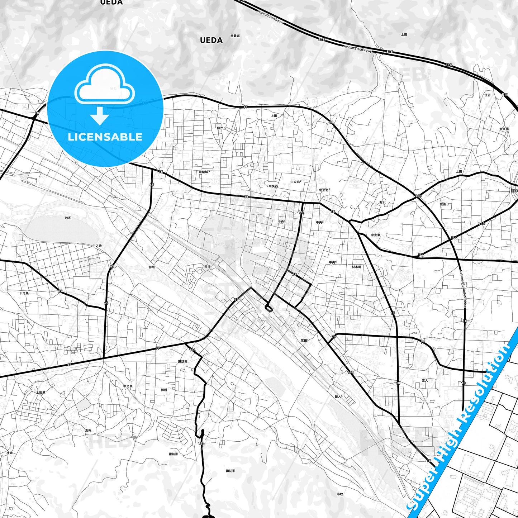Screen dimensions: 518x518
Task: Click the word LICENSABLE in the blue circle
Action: (105, 137)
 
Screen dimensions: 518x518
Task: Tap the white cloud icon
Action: (105, 88)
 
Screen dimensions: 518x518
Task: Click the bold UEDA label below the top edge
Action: (211, 40)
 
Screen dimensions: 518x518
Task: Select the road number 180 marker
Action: (418, 196)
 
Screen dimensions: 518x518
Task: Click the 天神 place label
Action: (208, 267)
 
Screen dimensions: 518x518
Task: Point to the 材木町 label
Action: (357, 267)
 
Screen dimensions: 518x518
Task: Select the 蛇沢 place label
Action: (382, 203)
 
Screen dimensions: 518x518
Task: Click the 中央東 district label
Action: (375, 235)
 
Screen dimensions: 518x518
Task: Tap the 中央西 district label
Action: (273, 186)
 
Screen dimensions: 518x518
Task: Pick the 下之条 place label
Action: (24, 293)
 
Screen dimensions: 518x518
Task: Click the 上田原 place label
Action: (41, 393)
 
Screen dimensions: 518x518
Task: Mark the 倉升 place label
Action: (88, 431)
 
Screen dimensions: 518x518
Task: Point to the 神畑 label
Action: (9, 453)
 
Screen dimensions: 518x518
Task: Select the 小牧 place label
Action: (340, 494)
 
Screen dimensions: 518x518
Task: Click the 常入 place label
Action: (425, 380)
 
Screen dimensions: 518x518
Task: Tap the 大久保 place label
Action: (504, 129)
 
